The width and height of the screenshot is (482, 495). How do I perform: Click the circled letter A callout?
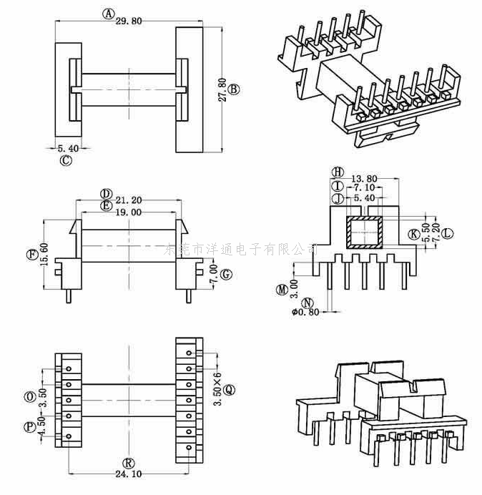point(109,13)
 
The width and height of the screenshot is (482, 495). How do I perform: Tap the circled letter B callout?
point(234,89)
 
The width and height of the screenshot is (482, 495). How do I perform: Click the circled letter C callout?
point(66,160)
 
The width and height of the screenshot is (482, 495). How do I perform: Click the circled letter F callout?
point(31,255)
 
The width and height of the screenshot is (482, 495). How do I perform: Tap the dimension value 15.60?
point(44,255)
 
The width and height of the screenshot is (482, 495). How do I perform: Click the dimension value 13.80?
point(364,177)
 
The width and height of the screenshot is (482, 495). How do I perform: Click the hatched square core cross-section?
point(365,232)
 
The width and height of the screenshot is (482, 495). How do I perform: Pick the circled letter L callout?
point(447,233)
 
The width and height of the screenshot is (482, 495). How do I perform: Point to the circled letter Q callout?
point(229,390)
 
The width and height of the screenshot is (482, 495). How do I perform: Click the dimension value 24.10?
point(129,474)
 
